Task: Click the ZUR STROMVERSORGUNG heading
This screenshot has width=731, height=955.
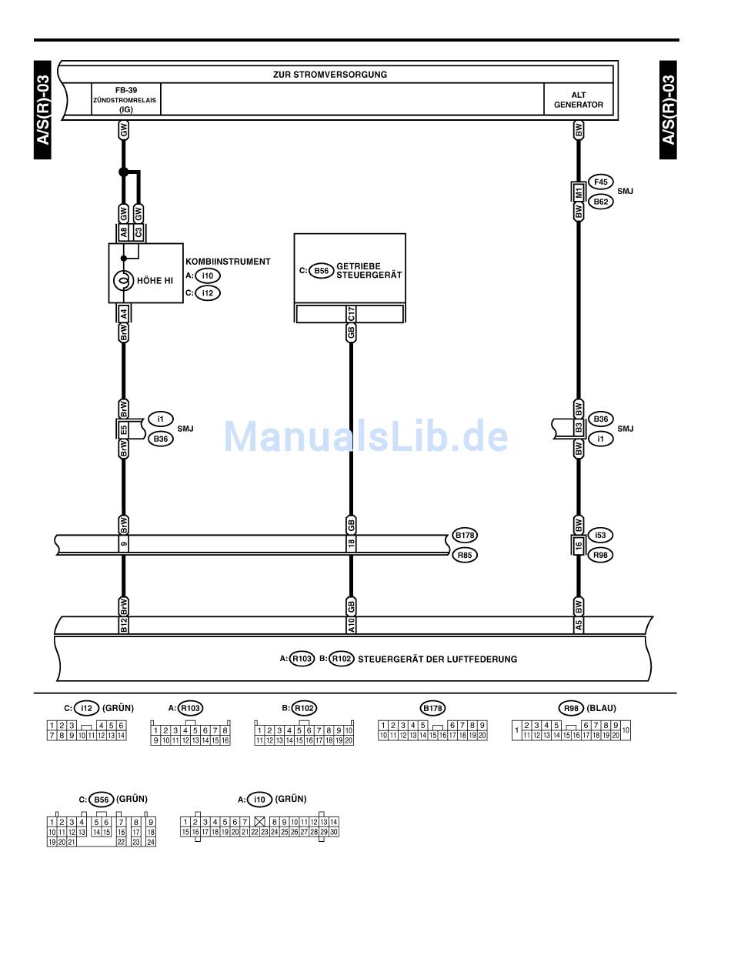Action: pos(329,75)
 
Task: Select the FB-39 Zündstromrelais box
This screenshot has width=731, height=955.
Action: pos(126,99)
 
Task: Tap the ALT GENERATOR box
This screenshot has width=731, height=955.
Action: pos(579,99)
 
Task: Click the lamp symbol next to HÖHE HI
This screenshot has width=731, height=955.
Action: pos(122,281)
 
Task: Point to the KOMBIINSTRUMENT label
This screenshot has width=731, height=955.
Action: pos(228,262)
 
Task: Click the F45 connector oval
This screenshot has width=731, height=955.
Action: pos(600,182)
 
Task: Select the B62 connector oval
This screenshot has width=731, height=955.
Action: pos(600,202)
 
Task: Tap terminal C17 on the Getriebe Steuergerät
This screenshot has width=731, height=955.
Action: pos(351,314)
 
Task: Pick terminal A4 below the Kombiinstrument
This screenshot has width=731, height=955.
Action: pos(123,312)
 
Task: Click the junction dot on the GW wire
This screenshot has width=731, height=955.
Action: pos(123,172)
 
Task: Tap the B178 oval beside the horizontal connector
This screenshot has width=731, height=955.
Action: pos(465,535)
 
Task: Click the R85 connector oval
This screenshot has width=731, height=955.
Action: pos(465,554)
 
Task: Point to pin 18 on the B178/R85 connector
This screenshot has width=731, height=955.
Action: pos(351,544)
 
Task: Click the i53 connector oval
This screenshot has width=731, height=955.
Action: pos(600,535)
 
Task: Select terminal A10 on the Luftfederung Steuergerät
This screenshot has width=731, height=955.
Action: pos(351,626)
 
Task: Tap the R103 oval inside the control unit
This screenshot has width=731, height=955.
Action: pos(302,659)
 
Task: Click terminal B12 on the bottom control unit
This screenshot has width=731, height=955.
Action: pos(123,626)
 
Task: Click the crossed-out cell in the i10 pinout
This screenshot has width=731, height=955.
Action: pos(259,822)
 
